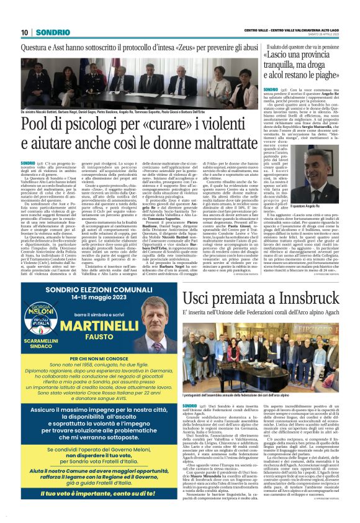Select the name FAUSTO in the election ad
tap(92, 338)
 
